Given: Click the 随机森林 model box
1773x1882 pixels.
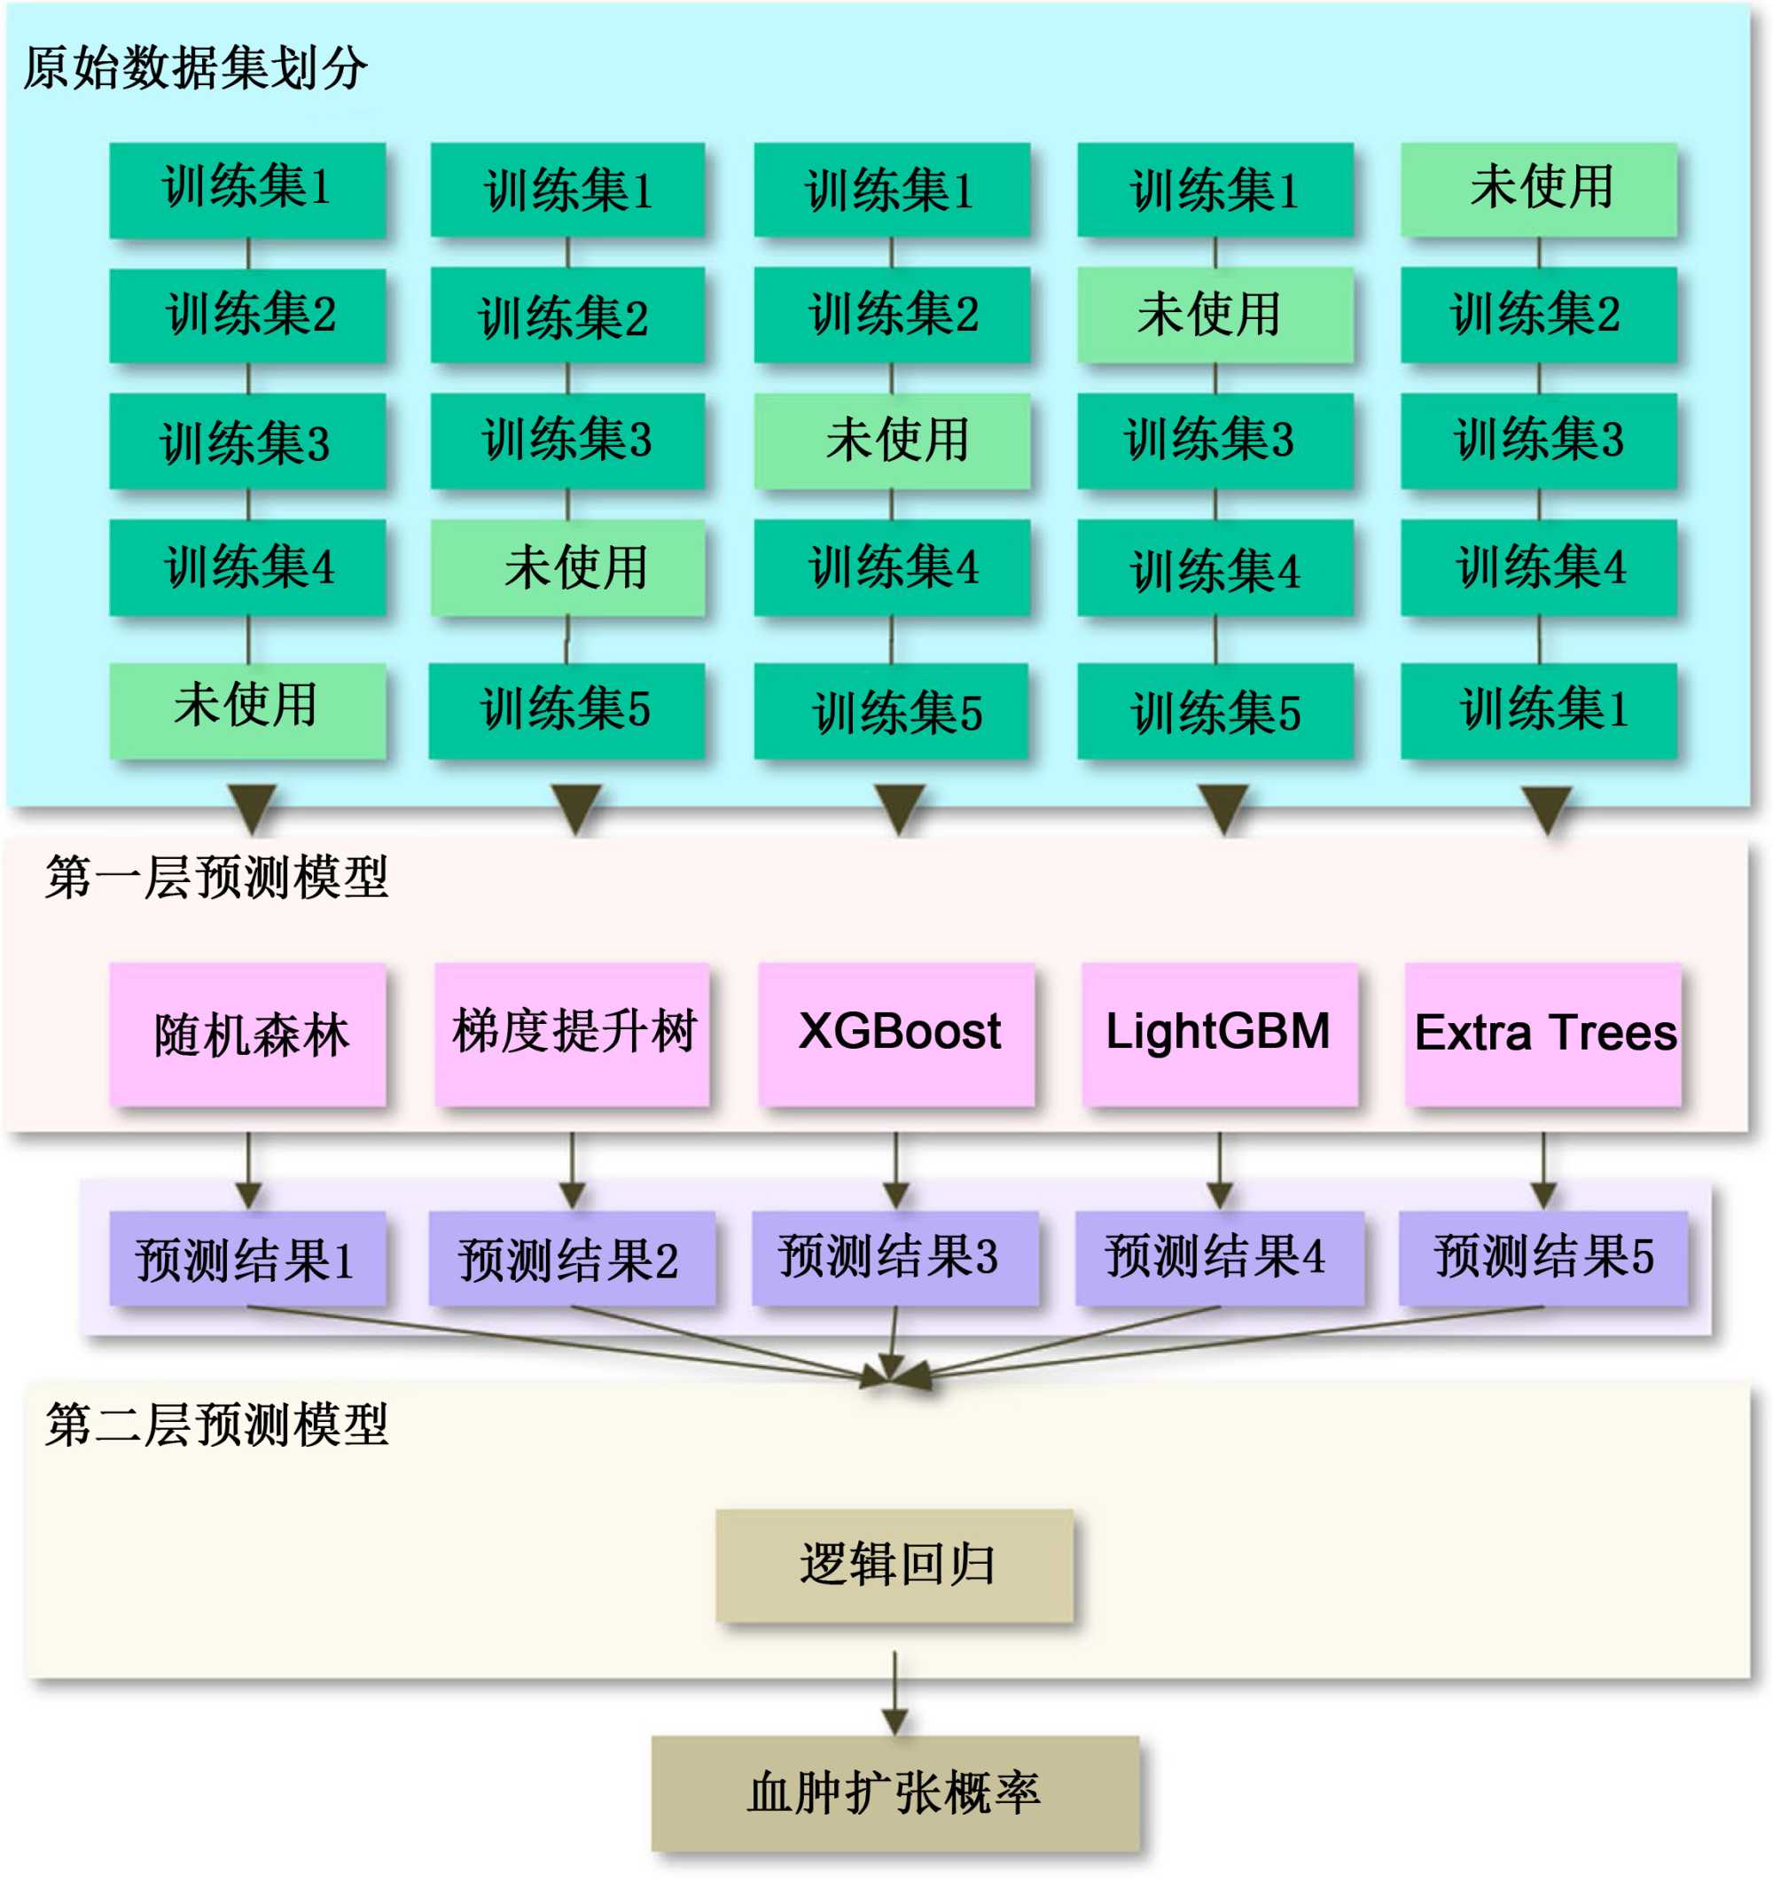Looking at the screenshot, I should [247, 1034].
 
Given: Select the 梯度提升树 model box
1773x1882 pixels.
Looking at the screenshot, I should [572, 1034].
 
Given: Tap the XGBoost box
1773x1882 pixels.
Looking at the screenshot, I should [895, 1034].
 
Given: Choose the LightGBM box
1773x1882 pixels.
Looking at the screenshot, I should [1219, 1034].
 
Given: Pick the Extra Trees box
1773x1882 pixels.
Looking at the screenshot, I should [1543, 1034].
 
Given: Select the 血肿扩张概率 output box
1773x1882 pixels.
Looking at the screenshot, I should [894, 1793].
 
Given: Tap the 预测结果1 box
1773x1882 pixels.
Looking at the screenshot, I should [247, 1259].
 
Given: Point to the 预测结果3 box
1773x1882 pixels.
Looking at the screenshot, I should [894, 1259].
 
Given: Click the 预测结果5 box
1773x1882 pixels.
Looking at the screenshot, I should [1543, 1259].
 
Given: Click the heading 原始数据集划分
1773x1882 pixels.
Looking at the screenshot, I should [195, 68].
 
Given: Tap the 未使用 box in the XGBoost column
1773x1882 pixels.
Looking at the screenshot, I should [892, 441].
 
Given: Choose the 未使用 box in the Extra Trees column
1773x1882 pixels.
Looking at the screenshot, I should [1539, 187].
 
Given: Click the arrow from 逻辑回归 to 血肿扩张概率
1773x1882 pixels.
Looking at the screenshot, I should [894, 1695].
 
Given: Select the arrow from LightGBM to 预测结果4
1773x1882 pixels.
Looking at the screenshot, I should [1219, 1170].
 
